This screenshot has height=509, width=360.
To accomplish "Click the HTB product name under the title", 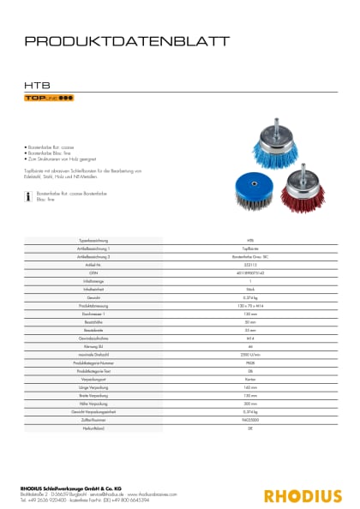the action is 35,84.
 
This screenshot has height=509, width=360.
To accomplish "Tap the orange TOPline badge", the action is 49,99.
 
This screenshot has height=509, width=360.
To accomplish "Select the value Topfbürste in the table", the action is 249,248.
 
